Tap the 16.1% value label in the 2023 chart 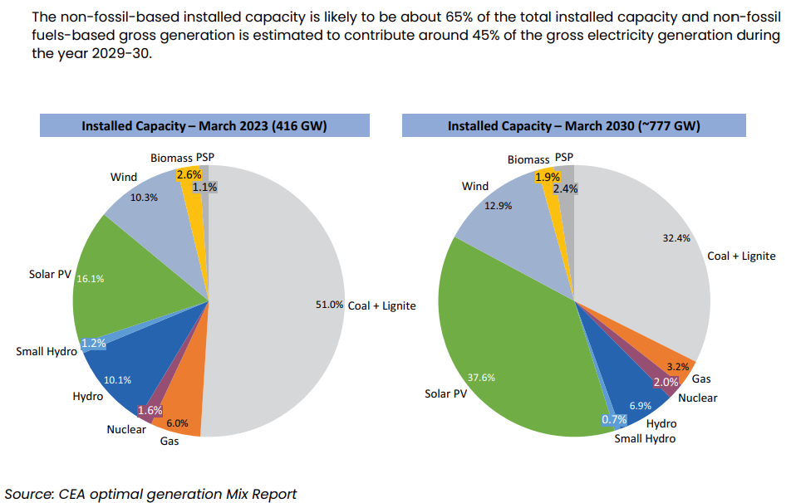click(x=90, y=279)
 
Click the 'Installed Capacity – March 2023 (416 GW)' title click(x=204, y=126)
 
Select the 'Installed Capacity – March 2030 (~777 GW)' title click(x=573, y=126)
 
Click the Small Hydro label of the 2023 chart click(x=46, y=351)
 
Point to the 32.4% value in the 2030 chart click(x=676, y=237)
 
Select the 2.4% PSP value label click(x=565, y=188)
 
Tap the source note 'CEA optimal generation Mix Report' click(x=150, y=494)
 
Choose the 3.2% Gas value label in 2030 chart click(x=677, y=365)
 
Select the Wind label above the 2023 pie click(x=124, y=177)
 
